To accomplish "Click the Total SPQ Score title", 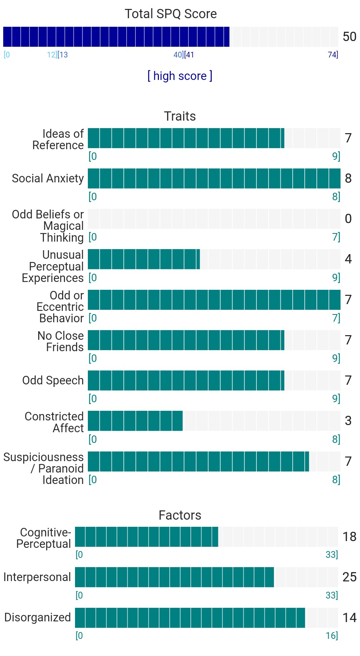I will click(x=171, y=14).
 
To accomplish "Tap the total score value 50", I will click(x=349, y=37).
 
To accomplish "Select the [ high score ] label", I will click(x=180, y=76).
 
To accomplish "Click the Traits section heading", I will click(x=180, y=116).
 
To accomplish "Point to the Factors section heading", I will click(x=180, y=515).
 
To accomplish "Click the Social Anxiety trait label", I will click(x=48, y=178).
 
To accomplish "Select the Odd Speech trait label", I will click(x=53, y=380).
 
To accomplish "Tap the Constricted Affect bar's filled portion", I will click(x=135, y=421).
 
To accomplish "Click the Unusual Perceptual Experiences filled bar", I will click(x=144, y=259).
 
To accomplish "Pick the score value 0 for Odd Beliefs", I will click(x=348, y=219).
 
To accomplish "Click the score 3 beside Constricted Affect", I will click(x=348, y=421).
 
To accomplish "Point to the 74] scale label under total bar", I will click(x=333, y=55).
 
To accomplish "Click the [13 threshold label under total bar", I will click(x=63, y=55).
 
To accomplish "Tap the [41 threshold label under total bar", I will click(x=189, y=55).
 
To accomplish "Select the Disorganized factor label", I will click(x=37, y=617).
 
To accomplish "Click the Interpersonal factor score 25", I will click(x=349, y=577).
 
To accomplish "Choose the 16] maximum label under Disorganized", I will click(x=332, y=636).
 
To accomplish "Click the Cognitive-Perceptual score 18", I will click(x=349, y=537).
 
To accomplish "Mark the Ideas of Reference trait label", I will click(x=58, y=140).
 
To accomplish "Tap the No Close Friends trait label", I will click(x=61, y=342).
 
